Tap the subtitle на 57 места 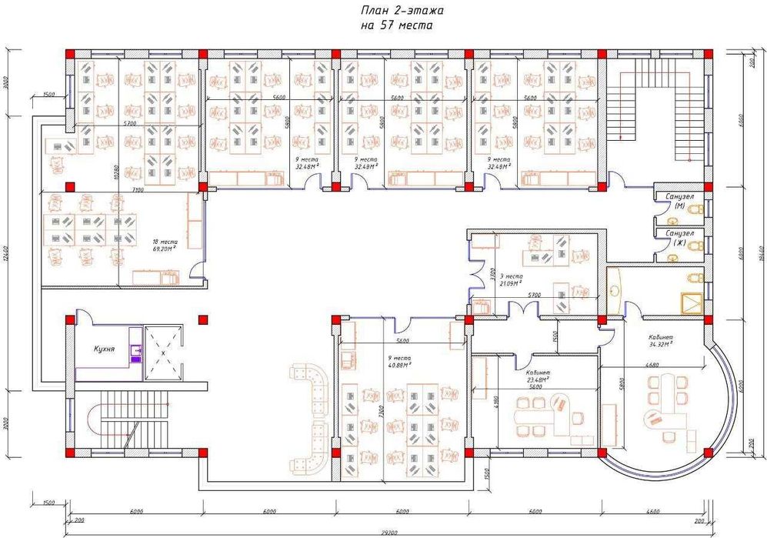click(396, 25)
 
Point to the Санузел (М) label click(680, 201)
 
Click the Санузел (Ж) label click(680, 237)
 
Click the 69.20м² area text click(165, 249)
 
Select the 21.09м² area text click(512, 283)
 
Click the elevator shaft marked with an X click(164, 353)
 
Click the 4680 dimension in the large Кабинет click(653, 364)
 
